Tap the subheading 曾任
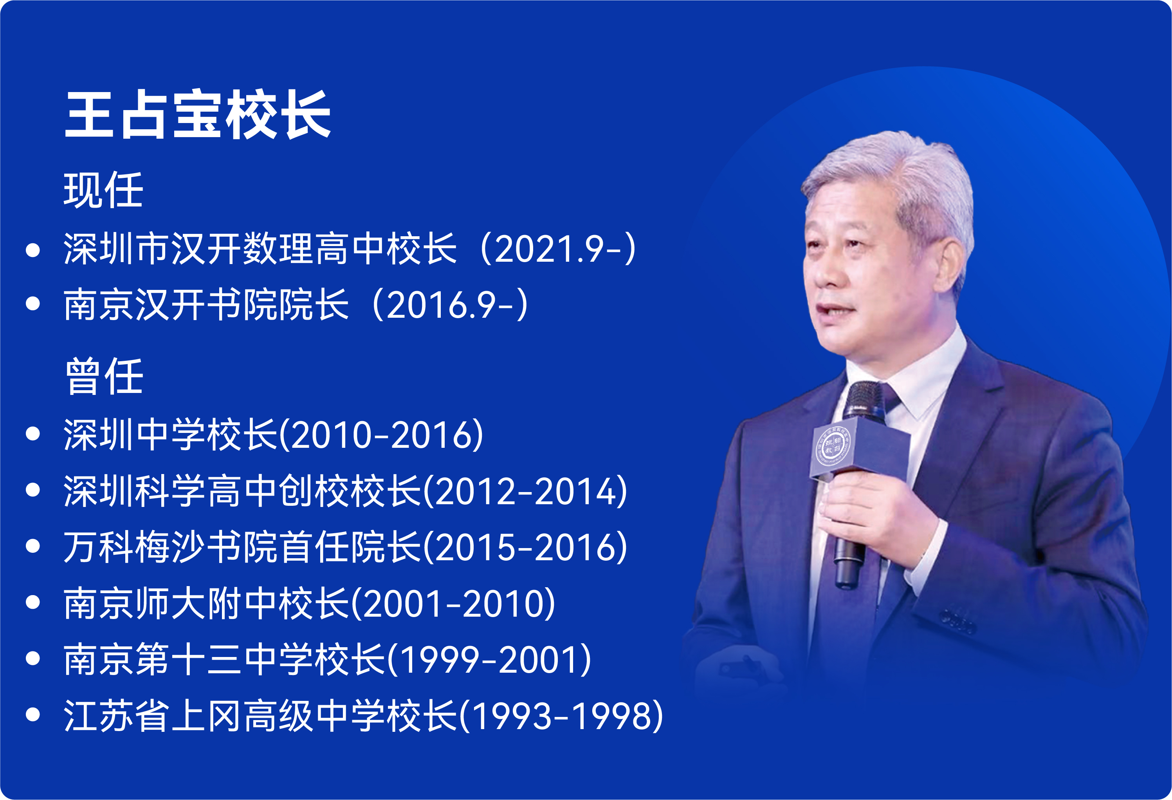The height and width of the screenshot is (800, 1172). click(104, 376)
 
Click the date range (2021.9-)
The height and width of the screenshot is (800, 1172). click(558, 248)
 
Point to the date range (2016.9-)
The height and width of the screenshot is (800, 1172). click(450, 304)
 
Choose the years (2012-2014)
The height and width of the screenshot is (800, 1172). click(525, 491)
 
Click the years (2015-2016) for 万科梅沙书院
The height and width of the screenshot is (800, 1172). click(525, 547)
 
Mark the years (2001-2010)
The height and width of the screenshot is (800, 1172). click(453, 603)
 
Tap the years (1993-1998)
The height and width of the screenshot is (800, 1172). click(561, 716)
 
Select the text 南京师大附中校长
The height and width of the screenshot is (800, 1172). click(206, 603)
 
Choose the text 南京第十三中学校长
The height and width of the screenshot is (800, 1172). click(224, 660)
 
